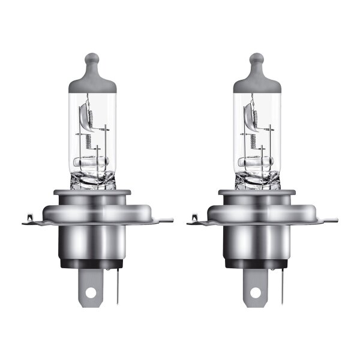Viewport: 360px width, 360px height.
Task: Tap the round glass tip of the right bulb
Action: click(x=257, y=60)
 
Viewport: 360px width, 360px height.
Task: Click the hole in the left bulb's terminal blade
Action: click(x=91, y=293)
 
